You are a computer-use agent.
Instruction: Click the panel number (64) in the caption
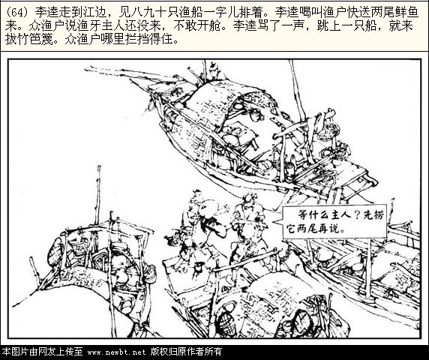coord(18,13)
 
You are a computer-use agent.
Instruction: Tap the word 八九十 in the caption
coord(150,13)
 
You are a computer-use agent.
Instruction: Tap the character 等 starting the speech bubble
coord(303,215)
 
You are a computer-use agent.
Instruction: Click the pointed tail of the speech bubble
coord(274,222)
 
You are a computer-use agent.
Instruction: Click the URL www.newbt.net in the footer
coord(116,352)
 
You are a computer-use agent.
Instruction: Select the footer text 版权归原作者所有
coord(186,352)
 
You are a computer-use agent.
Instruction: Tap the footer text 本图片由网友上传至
coord(43,352)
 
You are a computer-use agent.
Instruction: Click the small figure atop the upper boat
coord(214,71)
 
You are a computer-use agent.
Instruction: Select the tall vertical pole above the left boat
coord(98,195)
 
